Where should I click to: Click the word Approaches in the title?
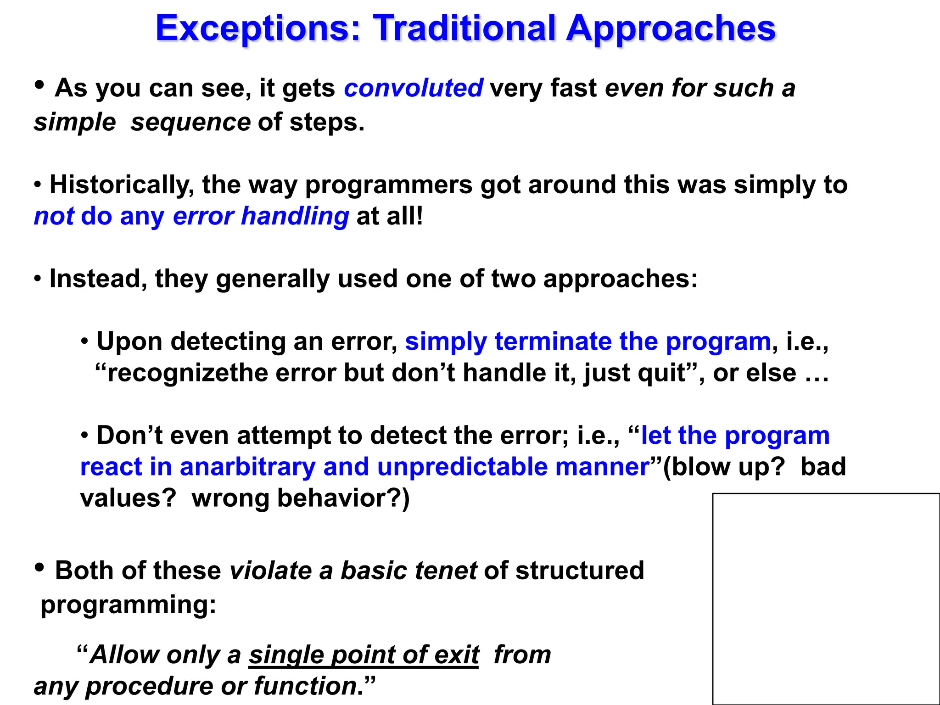coord(670,28)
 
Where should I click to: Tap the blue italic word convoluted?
coord(413,88)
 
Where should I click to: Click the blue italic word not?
coord(54,216)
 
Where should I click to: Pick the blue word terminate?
coord(553,341)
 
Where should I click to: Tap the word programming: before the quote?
coord(128,604)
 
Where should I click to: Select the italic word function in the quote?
coord(305,686)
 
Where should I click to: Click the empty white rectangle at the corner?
coord(826,599)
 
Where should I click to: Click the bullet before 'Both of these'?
coord(40,568)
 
